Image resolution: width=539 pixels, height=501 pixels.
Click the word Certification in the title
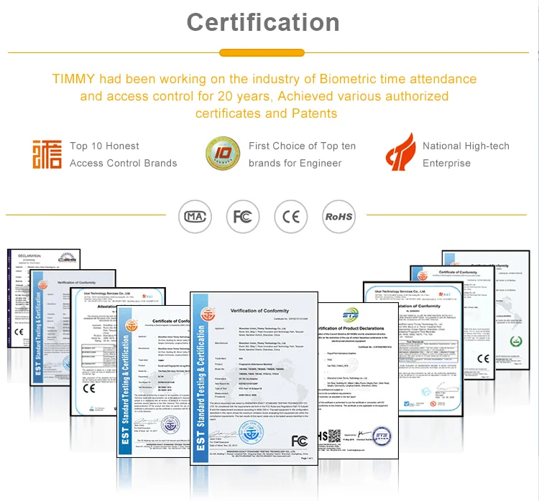click(263, 22)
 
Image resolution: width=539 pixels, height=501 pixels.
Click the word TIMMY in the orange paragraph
click(73, 79)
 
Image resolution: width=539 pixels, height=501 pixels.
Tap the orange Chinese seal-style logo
click(47, 154)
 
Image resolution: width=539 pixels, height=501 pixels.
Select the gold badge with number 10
click(223, 154)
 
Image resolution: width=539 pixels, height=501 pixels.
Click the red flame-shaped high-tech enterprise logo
click(400, 153)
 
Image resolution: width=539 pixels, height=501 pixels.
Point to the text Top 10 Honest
click(105, 146)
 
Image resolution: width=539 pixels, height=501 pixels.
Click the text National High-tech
click(466, 146)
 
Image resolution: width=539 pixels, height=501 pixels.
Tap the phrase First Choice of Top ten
click(302, 146)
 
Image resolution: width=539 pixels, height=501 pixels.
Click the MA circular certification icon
click(195, 215)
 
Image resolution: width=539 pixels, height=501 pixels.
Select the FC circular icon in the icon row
click(242, 215)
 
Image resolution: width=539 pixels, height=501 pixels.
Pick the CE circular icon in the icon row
click(290, 215)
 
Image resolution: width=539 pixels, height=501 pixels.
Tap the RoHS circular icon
click(338, 215)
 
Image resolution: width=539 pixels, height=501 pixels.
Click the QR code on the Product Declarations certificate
click(331, 436)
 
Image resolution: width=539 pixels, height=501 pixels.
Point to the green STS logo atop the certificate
click(349, 316)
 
